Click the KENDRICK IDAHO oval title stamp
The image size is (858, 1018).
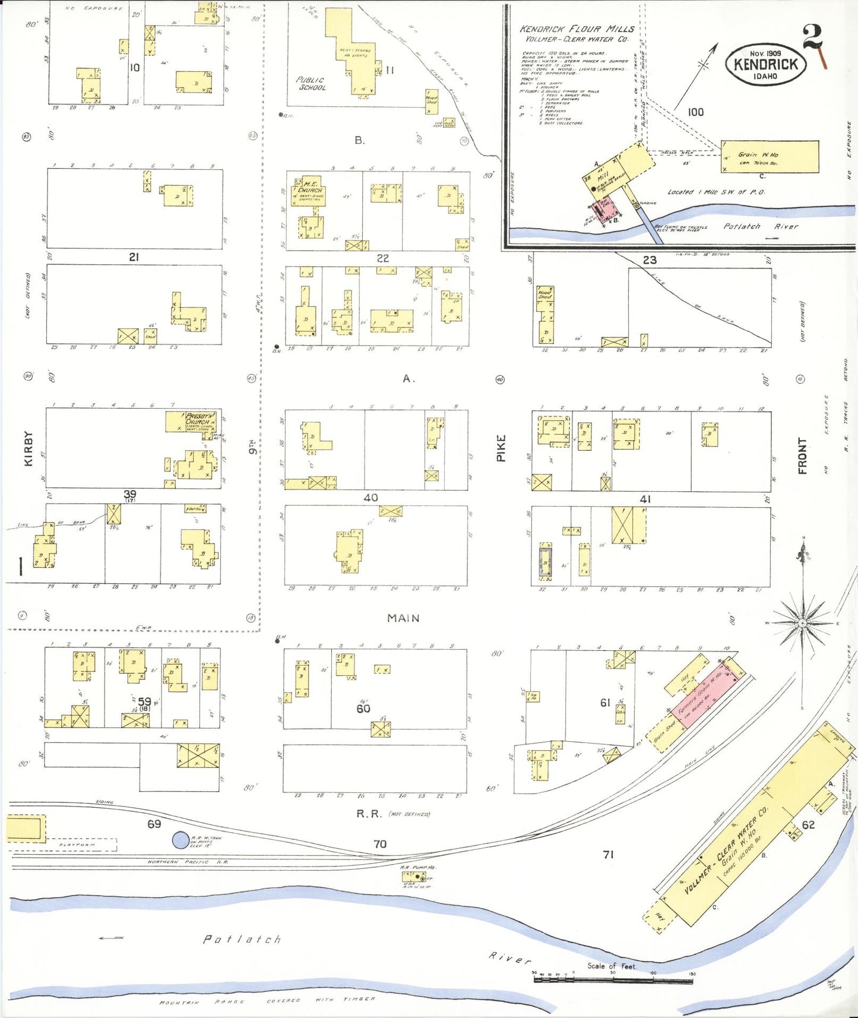coord(765,64)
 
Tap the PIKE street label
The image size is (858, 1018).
coord(501,448)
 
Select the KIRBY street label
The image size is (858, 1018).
coord(28,448)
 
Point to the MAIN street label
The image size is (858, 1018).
coord(403,618)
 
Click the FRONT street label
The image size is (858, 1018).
coord(802,456)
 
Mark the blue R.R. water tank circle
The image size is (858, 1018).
coord(181,840)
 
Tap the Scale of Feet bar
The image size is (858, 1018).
coord(613,979)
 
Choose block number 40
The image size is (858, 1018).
coord(371,498)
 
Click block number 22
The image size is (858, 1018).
coord(383,258)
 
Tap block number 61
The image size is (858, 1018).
coord(604,703)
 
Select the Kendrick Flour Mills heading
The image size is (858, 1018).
coord(577,29)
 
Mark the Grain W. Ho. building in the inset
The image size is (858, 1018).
coord(770,157)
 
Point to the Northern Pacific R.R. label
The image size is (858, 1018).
coord(188,862)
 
